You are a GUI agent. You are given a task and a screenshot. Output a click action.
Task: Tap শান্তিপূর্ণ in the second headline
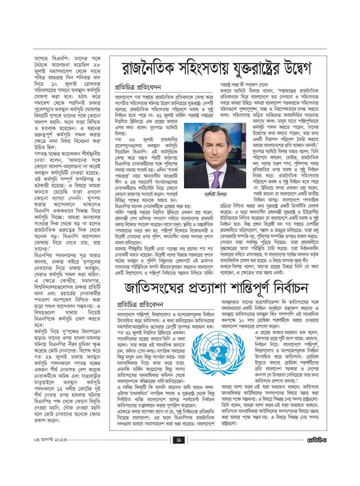[x=247, y=288]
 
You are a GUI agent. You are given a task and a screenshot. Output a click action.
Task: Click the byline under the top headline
[x=138, y=87]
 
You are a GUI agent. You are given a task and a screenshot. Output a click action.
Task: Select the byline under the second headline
[x=140, y=304]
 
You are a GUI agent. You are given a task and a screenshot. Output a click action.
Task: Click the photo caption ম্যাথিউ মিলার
[x=215, y=194]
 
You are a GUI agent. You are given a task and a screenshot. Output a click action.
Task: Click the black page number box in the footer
[x=179, y=440]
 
